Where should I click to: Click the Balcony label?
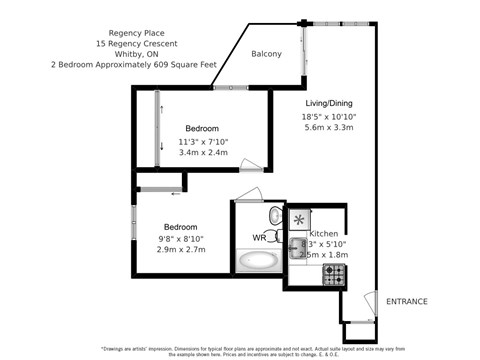click(266, 54)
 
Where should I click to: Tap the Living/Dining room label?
click(328, 103)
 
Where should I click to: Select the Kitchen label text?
click(323, 232)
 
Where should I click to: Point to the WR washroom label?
click(258, 238)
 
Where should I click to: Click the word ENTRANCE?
click(407, 301)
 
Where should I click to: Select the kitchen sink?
click(296, 248)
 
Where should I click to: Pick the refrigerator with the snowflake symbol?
click(299, 217)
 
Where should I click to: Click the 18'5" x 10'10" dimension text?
click(329, 117)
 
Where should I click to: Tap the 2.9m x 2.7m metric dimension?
click(180, 250)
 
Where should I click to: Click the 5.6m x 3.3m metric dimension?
click(329, 129)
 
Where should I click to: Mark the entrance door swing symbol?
click(364, 304)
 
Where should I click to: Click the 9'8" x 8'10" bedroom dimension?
click(181, 238)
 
